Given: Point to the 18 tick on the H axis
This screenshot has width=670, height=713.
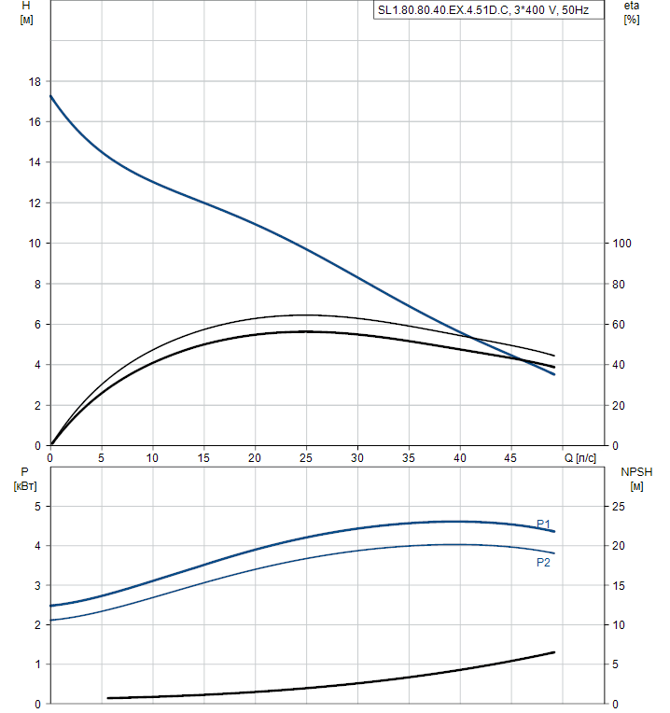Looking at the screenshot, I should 35,82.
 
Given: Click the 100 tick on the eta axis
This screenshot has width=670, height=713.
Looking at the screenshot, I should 621,244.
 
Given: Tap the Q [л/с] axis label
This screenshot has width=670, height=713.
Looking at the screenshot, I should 580,458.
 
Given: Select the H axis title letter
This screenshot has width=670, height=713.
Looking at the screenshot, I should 26,7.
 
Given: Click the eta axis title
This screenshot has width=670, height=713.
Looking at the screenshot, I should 632,7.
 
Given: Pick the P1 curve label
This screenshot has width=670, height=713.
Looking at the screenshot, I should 543,524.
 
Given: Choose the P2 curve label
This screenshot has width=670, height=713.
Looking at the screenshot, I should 543,563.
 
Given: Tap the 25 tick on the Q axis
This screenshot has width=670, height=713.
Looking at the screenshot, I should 306,458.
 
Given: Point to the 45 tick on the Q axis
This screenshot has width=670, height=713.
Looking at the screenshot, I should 510,458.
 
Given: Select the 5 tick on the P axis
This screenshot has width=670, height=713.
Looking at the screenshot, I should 36,506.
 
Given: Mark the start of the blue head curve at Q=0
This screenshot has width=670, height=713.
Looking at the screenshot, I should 50,95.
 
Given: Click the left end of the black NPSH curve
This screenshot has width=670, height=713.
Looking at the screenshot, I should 108,698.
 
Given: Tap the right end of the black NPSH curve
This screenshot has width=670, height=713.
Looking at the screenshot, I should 554,651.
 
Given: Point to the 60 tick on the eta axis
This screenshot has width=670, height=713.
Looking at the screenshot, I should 618,325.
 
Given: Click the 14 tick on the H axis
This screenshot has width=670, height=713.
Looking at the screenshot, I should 35,162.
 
